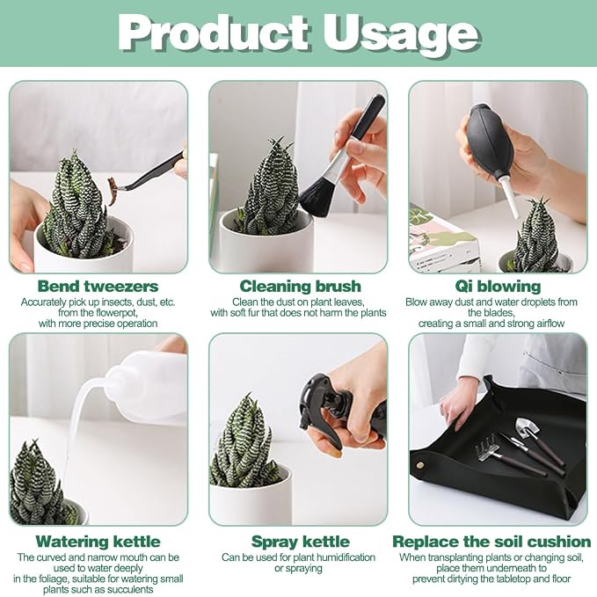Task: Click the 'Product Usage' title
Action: [x=299, y=34]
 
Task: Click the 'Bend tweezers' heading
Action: [x=98, y=286]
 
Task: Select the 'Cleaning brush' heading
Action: [x=300, y=286]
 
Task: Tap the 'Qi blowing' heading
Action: [x=498, y=286]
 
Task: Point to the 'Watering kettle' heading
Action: [x=98, y=542]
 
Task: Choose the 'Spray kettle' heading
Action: [x=301, y=542]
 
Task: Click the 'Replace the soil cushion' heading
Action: [x=491, y=542]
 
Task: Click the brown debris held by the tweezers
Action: [x=113, y=191]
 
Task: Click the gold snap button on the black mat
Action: [x=420, y=465]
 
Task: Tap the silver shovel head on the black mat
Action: [x=527, y=426]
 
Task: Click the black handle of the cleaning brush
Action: [x=368, y=117]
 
